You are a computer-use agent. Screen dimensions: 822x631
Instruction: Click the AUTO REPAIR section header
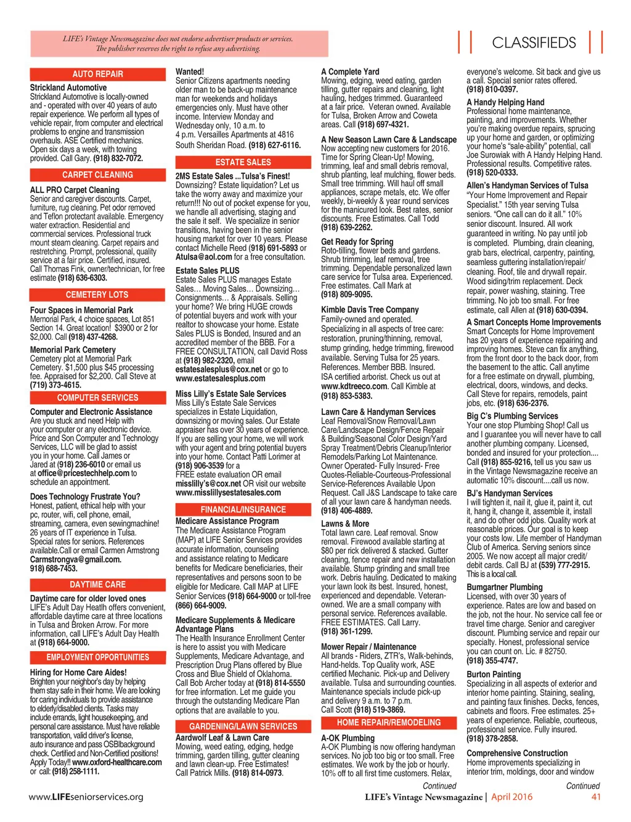(x=97, y=74)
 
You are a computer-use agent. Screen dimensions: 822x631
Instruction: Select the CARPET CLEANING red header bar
(x=97, y=175)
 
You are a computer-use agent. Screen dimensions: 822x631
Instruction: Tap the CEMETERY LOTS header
(x=97, y=295)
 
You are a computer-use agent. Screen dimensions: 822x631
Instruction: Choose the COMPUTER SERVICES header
(x=97, y=398)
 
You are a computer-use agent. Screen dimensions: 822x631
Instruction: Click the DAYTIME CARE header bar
(x=97, y=585)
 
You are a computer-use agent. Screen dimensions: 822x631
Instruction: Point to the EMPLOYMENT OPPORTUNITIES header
(x=97, y=657)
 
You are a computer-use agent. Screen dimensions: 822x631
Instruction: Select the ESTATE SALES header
(x=243, y=162)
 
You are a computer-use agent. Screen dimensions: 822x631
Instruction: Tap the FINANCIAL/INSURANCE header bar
(x=243, y=509)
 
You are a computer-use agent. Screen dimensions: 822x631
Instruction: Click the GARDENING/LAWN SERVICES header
(x=243, y=726)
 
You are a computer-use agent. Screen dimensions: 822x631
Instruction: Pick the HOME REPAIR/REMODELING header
(x=388, y=723)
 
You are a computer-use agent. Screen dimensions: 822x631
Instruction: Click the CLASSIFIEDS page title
(x=534, y=43)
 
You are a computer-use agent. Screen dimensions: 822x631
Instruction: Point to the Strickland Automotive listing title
(x=68, y=88)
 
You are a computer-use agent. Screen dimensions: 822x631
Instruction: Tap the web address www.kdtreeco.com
(x=354, y=387)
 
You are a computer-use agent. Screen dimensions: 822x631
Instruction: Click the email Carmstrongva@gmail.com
(x=75, y=559)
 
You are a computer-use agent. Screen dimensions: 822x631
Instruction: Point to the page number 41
(x=596, y=797)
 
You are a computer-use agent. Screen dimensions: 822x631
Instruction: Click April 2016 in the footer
(x=511, y=797)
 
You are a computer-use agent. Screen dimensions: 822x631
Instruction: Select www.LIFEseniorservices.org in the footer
(x=86, y=797)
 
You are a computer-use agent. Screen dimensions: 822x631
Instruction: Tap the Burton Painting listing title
(x=494, y=675)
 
